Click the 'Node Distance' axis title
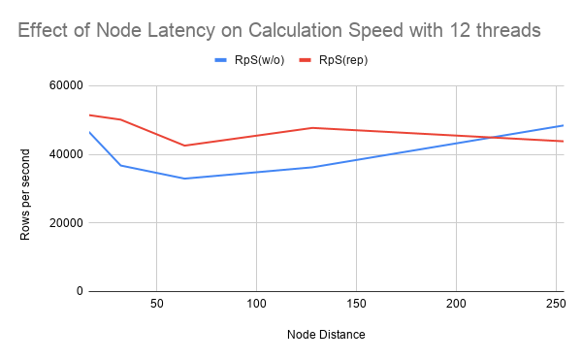click(326, 335)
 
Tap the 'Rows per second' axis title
click(26, 188)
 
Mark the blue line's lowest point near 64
click(184, 179)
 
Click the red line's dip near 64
click(184, 146)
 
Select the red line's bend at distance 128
click(312, 128)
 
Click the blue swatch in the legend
click(220, 60)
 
